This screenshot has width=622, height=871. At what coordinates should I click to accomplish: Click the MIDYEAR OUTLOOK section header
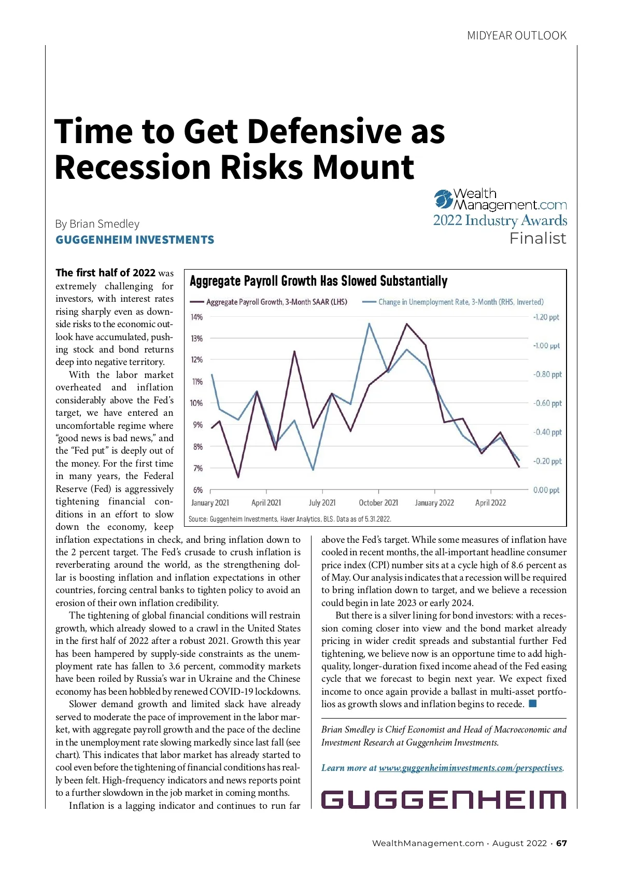point(517,36)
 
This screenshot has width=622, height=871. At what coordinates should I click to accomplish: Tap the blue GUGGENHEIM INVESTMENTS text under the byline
point(135,240)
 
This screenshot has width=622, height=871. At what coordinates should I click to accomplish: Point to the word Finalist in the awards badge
point(538,238)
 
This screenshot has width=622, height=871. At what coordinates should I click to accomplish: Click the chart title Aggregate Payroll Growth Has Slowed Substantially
point(318,282)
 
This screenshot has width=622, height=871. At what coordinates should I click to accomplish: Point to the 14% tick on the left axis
point(197,317)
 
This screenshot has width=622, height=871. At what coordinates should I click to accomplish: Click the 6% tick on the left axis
point(197,490)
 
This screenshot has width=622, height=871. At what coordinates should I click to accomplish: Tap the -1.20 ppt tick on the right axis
point(546,317)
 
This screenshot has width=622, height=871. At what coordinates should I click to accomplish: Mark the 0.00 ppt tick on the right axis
point(546,490)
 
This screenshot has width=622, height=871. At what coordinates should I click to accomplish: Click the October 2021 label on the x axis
point(378,503)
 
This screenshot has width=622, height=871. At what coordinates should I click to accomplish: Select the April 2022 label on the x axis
point(490,503)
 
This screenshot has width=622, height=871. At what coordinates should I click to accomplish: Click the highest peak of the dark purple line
point(406,324)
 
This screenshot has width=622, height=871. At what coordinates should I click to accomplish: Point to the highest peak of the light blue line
point(369,324)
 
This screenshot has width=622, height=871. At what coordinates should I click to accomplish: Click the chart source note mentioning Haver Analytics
point(290,519)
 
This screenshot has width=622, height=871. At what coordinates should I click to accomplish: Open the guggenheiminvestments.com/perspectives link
point(470,768)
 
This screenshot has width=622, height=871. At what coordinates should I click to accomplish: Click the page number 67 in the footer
point(562,844)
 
